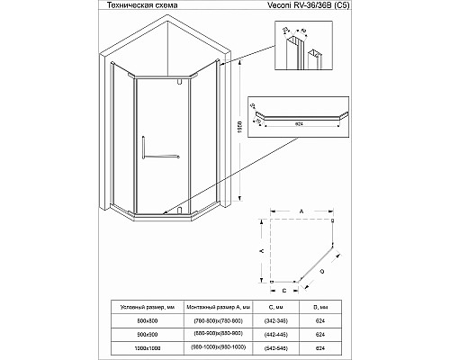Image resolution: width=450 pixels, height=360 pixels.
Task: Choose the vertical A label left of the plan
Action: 261,253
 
